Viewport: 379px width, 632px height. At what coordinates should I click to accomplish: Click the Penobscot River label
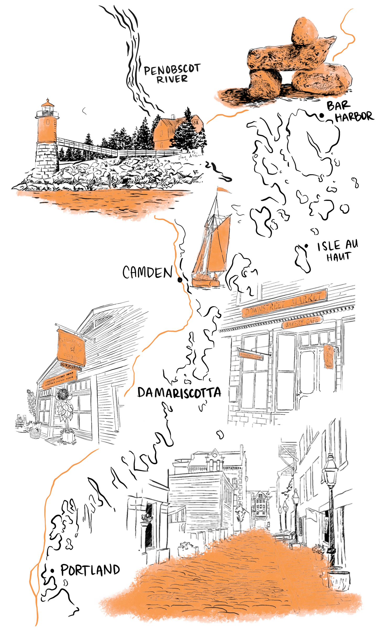172,73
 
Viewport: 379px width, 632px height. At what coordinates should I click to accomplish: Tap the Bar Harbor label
350,112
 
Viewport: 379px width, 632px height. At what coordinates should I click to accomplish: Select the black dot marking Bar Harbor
321,115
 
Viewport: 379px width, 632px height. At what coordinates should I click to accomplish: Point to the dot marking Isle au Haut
306,246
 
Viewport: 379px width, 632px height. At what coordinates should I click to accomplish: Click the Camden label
148,272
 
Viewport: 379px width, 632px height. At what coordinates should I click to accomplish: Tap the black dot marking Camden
180,280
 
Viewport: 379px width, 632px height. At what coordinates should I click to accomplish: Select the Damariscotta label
179,393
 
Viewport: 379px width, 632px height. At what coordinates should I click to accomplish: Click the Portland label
90,570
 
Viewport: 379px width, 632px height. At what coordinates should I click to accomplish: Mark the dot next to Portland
52,571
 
